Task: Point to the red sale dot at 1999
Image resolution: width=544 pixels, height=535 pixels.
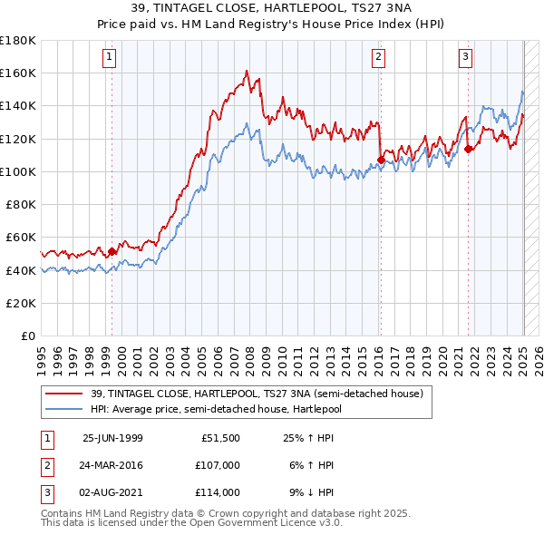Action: [112, 251]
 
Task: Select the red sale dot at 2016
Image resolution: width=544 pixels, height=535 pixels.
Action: [381, 160]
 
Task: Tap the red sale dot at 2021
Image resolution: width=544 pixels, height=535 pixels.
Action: [469, 150]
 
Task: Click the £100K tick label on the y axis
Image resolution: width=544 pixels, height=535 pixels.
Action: [19, 171]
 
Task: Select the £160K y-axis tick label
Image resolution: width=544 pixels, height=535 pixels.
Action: [19, 73]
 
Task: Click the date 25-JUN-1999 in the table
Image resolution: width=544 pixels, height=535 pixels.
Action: [112, 438]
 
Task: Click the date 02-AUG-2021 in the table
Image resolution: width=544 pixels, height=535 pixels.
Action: [112, 492]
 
